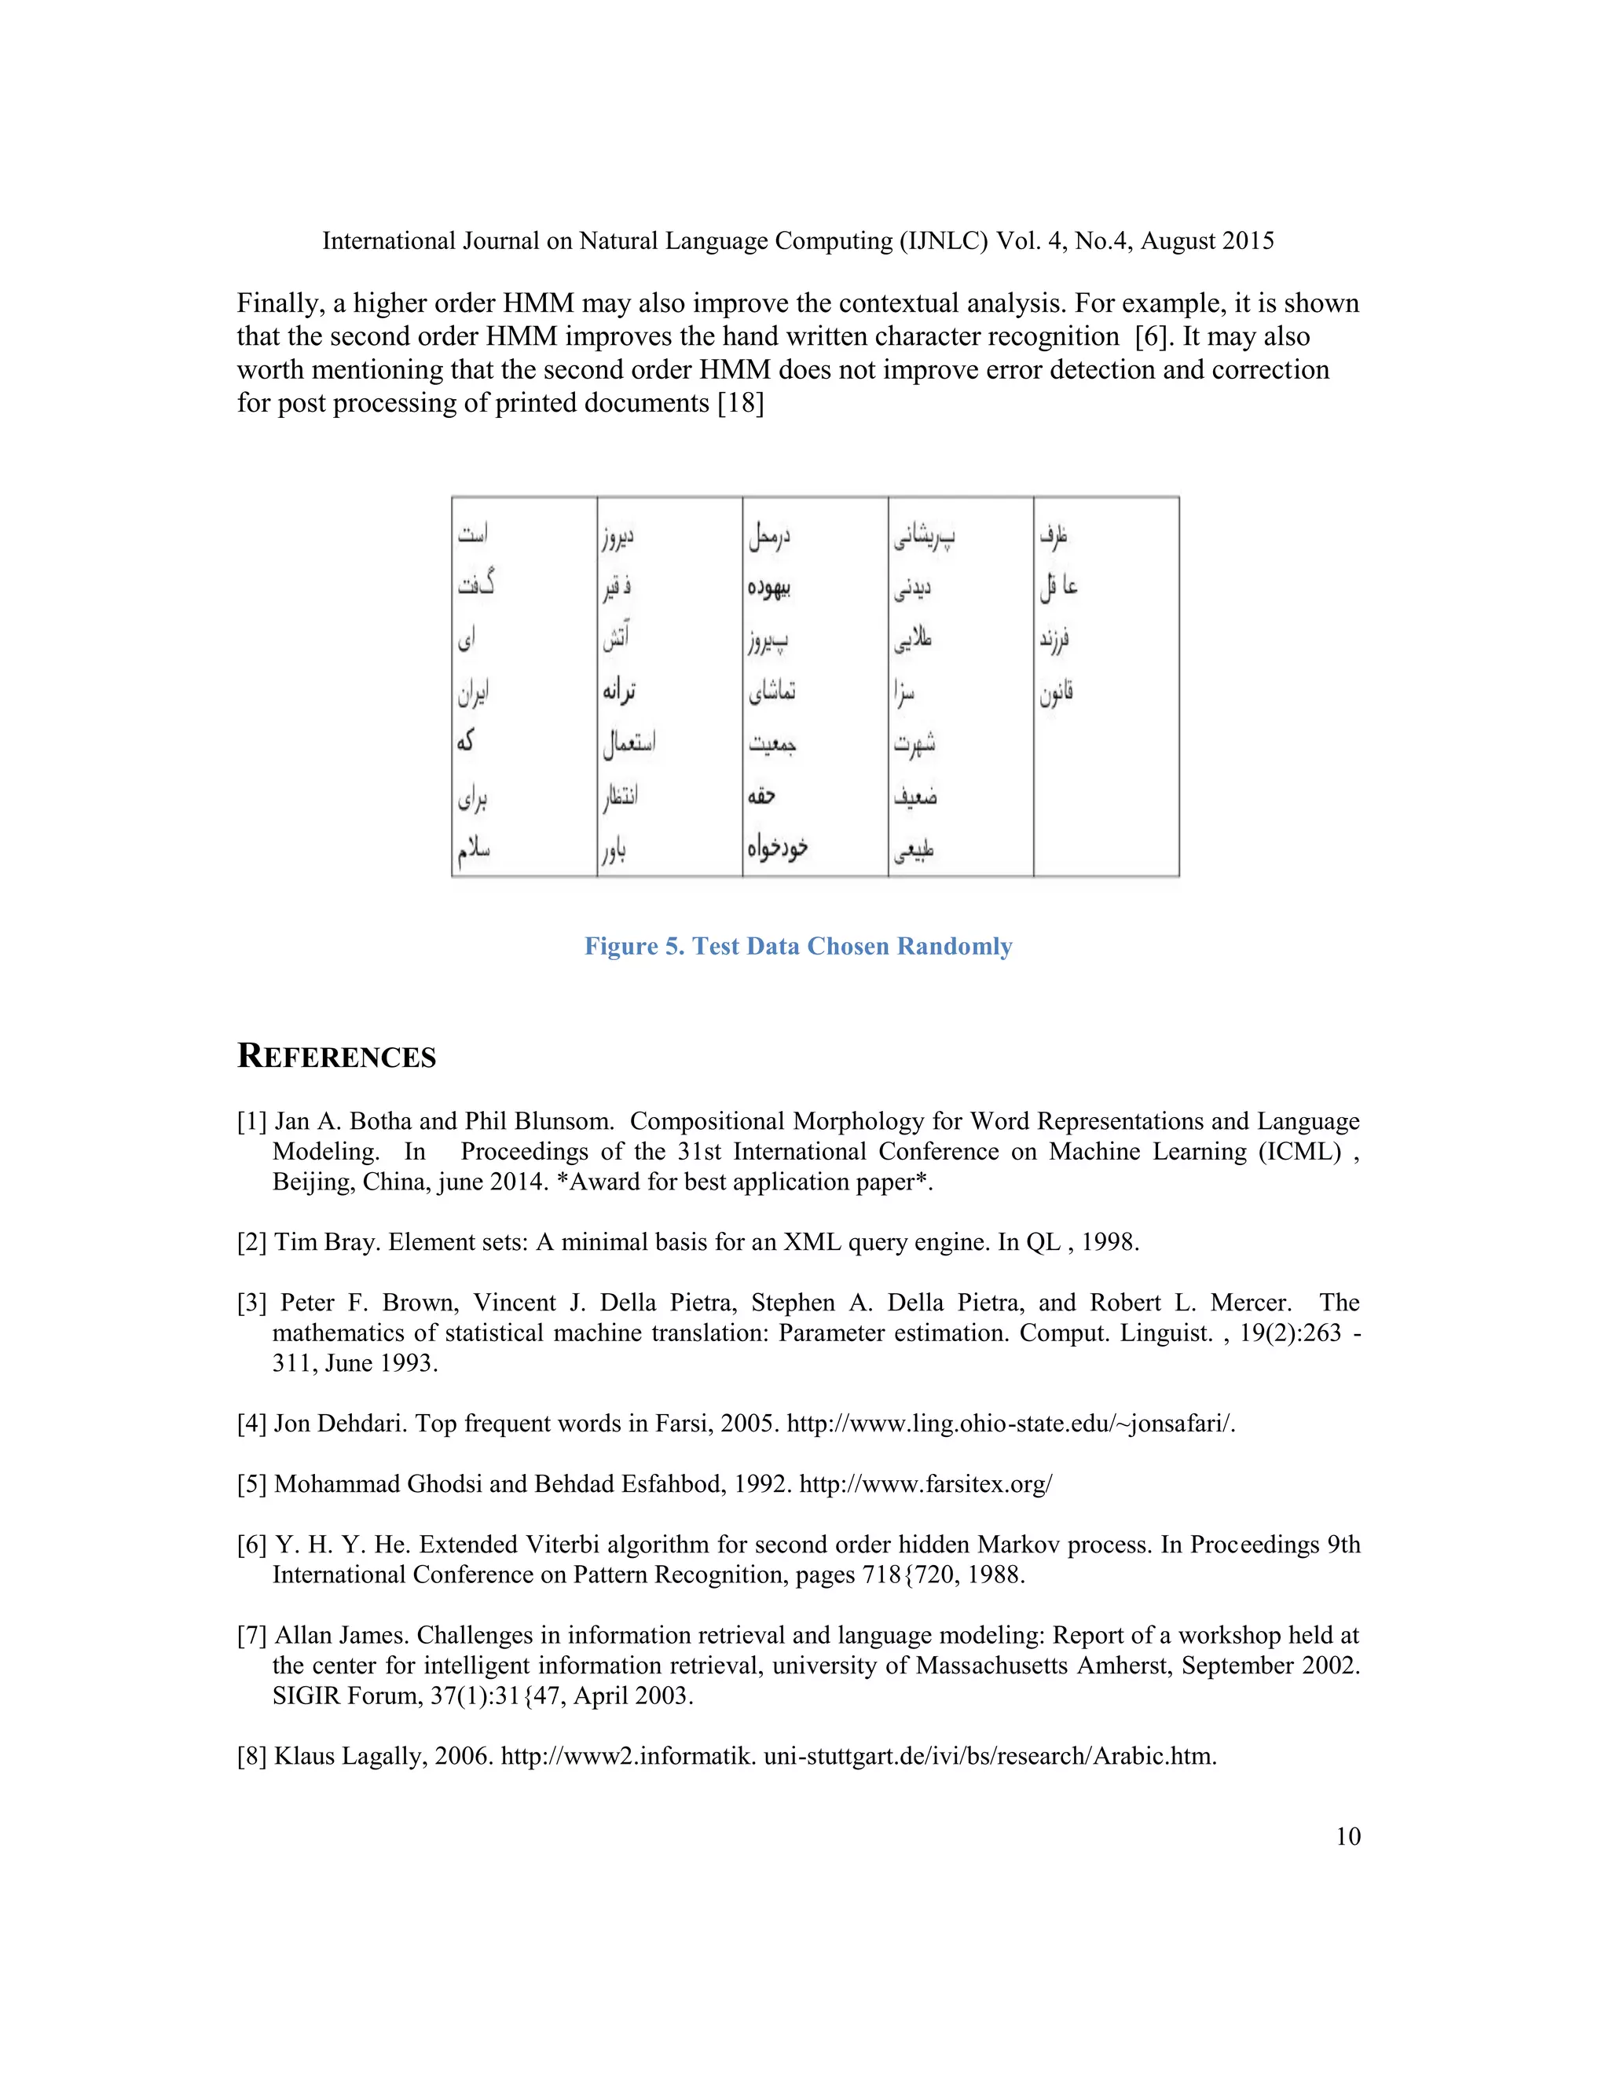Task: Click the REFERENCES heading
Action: [336, 1056]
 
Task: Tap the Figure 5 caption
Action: [798, 946]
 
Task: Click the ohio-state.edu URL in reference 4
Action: [1010, 1424]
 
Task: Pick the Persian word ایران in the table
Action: [474, 693]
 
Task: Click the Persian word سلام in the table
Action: [474, 849]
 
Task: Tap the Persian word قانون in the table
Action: [1056, 693]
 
